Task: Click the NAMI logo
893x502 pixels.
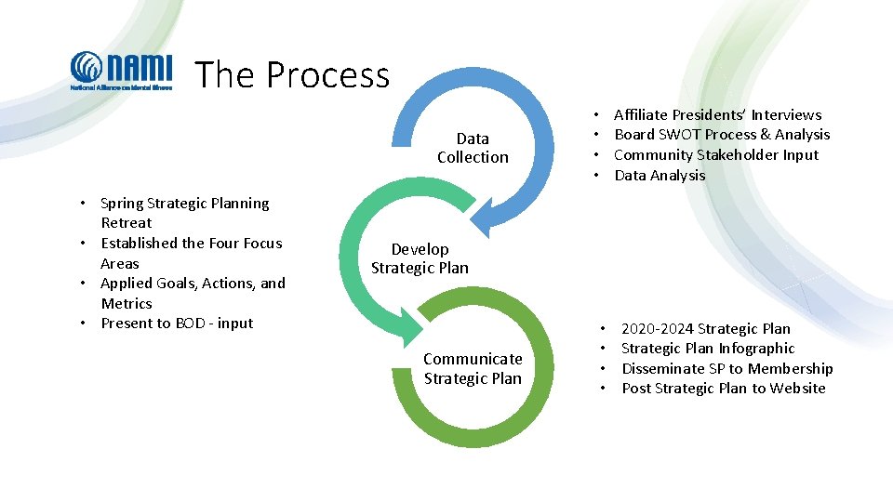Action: coord(122,71)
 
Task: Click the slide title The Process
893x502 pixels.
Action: coord(292,74)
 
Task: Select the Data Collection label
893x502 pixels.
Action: coord(473,148)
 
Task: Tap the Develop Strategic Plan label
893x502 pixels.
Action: coord(420,258)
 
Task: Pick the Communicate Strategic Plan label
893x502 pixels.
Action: coord(473,368)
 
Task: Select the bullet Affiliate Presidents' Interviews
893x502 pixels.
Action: coord(717,114)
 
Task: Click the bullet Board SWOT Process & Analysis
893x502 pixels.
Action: coord(722,135)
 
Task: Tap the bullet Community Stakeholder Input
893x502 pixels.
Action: coord(716,155)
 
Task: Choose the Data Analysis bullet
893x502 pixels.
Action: coord(660,175)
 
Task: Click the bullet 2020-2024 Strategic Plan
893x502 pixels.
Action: coord(705,328)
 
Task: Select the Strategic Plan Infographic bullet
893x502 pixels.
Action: coord(708,349)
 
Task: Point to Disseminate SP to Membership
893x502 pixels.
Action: coord(726,368)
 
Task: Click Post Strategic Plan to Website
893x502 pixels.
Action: coord(723,389)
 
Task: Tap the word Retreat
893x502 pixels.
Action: coord(127,223)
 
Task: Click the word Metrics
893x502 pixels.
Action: coord(127,303)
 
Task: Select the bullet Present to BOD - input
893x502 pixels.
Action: coord(177,324)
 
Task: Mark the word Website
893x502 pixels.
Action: coord(796,389)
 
